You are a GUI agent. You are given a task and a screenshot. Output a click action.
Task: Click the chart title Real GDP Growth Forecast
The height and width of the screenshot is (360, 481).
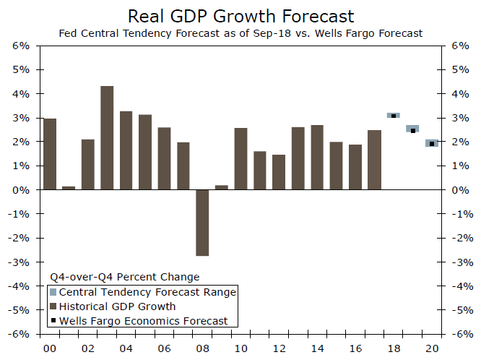[240, 16]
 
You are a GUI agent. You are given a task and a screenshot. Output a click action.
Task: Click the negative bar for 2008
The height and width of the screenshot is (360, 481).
[182, 223]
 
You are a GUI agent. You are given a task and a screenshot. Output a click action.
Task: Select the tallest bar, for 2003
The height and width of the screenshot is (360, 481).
[107, 137]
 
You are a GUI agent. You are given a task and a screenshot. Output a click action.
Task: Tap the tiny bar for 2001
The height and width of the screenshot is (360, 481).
[69, 187]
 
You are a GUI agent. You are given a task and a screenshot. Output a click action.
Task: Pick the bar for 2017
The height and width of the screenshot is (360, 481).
[374, 160]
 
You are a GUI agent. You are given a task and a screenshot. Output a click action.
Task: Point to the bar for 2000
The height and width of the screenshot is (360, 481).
[50, 154]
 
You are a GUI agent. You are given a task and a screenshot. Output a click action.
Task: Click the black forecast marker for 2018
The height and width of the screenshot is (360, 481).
[394, 116]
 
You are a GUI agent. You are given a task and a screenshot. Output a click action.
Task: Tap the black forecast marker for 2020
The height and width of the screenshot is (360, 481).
[432, 144]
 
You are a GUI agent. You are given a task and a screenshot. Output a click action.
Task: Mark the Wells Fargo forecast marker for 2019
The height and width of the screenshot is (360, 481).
[412, 130]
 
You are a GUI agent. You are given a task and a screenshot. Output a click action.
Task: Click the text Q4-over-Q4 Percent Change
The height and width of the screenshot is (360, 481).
[124, 277]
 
